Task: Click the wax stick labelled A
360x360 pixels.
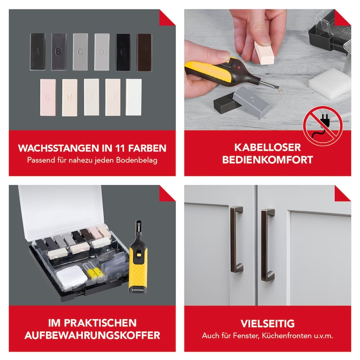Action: [38, 52]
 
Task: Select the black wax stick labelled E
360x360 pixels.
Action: [123, 52]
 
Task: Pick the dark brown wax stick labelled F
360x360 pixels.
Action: [144, 52]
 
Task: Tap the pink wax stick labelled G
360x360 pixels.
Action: [48, 97]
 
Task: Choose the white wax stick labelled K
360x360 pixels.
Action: [134, 97]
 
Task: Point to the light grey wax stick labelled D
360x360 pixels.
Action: [102, 52]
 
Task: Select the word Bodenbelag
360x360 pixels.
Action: [137, 160]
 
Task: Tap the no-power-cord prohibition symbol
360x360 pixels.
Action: [323, 126]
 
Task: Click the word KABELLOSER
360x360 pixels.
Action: [267, 148]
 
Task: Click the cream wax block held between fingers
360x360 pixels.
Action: [264, 53]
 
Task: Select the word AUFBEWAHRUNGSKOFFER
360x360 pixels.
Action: [92, 335]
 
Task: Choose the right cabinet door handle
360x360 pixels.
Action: [267, 245]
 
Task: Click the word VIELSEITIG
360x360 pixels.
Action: [267, 324]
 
